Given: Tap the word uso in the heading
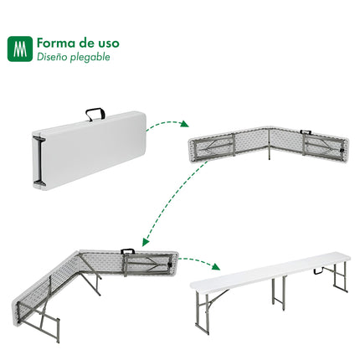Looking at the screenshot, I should (x=106, y=42).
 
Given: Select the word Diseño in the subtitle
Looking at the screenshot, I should (x=53, y=58).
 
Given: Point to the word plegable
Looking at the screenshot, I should (x=91, y=58).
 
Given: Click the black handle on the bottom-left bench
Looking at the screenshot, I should (x=128, y=251).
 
